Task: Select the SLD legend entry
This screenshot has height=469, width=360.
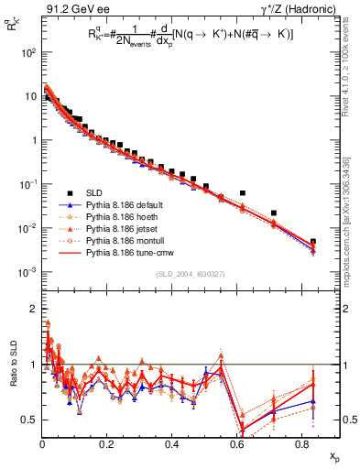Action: (93, 192)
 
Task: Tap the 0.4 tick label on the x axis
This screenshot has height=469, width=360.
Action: (171, 443)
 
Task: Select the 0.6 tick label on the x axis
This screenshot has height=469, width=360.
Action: (236, 443)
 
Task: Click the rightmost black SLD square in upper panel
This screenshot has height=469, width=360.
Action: (313, 242)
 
